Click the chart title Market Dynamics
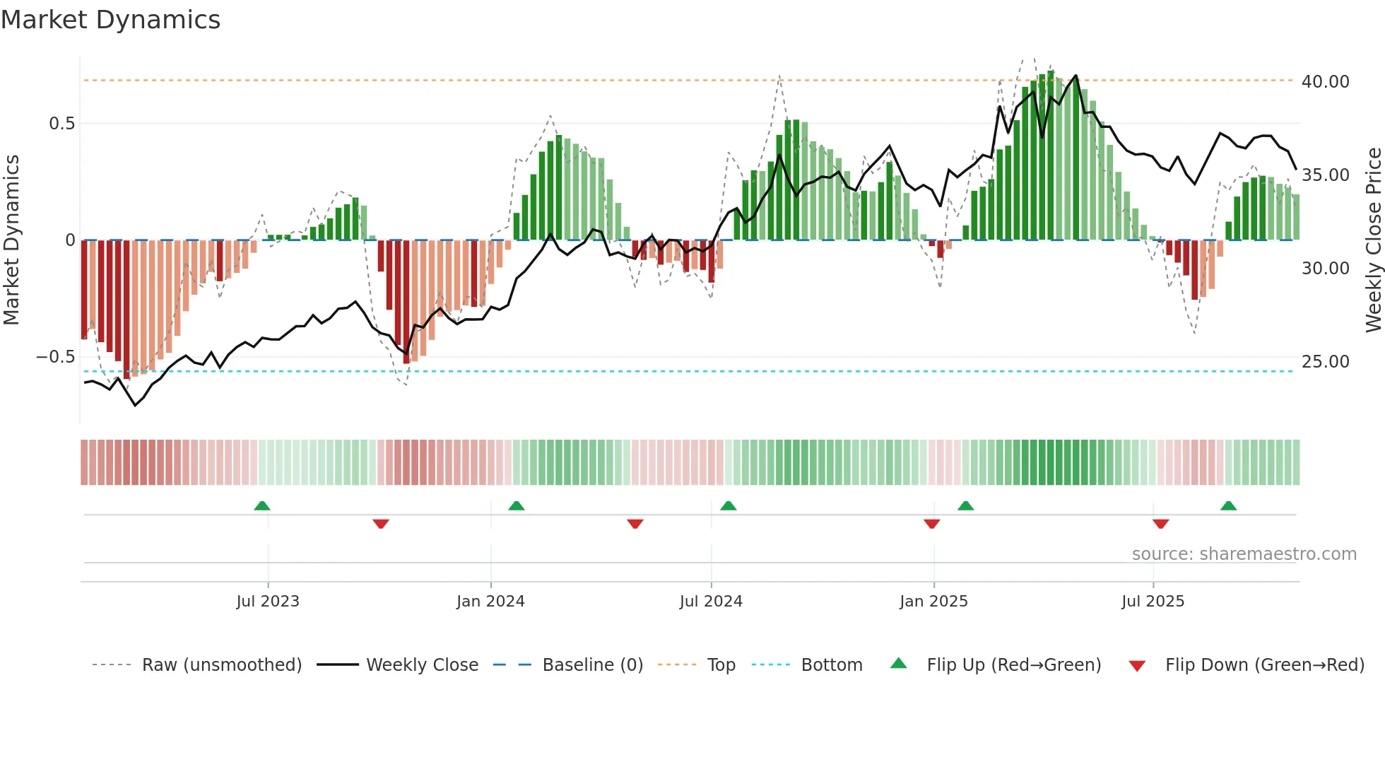(110, 20)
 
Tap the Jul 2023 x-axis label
(268, 602)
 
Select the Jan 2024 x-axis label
(490, 602)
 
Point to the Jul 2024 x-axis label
(711, 602)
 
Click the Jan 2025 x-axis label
(933, 602)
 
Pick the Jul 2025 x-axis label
(1153, 602)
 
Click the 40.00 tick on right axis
(1325, 82)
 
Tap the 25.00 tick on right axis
(1325, 362)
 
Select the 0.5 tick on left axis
(61, 124)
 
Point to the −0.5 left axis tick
(56, 357)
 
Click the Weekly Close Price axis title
(1373, 240)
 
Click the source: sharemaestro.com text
(1244, 554)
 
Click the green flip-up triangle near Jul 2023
(262, 505)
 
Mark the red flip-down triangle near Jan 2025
(931, 524)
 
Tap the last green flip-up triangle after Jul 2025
(1228, 505)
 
